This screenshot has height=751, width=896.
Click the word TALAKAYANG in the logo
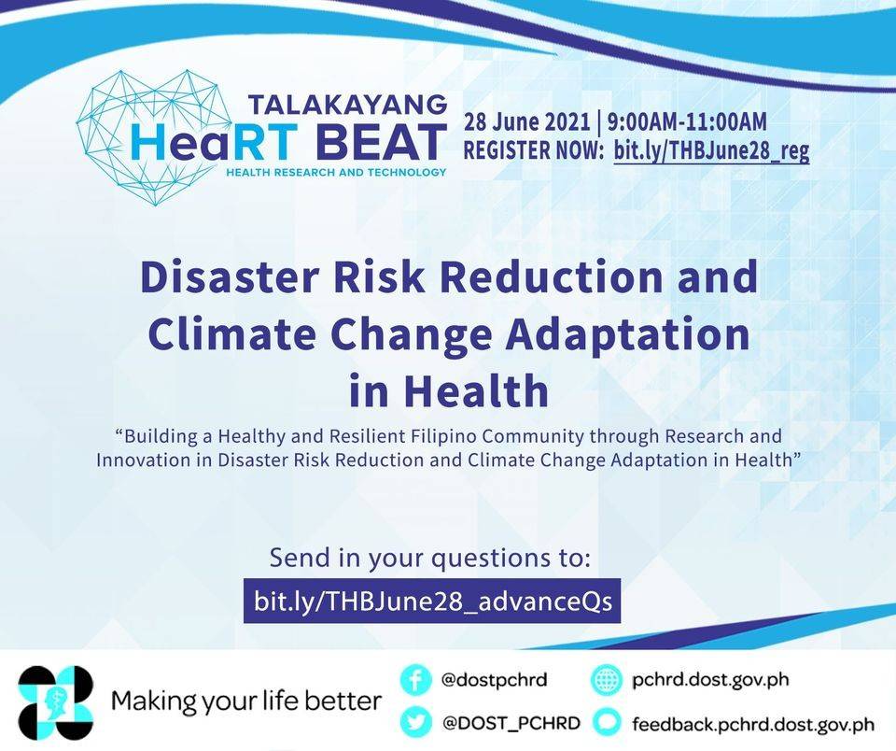point(348,104)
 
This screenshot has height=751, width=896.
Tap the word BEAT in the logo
point(381,142)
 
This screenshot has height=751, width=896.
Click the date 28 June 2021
point(526,121)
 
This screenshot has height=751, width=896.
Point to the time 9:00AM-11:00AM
point(687,121)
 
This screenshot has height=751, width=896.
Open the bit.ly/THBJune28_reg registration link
point(711,151)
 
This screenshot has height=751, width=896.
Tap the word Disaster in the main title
point(228,276)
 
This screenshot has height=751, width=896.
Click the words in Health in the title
point(449,390)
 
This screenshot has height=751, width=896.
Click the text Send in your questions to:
point(429,558)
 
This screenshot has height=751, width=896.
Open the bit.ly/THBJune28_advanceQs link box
point(432,602)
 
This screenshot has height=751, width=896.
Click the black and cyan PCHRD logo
point(55,702)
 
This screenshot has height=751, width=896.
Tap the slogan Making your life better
point(246,701)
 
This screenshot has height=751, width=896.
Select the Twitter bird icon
point(415,723)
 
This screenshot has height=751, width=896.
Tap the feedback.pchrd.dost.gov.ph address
point(753,725)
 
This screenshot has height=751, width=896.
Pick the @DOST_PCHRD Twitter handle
point(511,723)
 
